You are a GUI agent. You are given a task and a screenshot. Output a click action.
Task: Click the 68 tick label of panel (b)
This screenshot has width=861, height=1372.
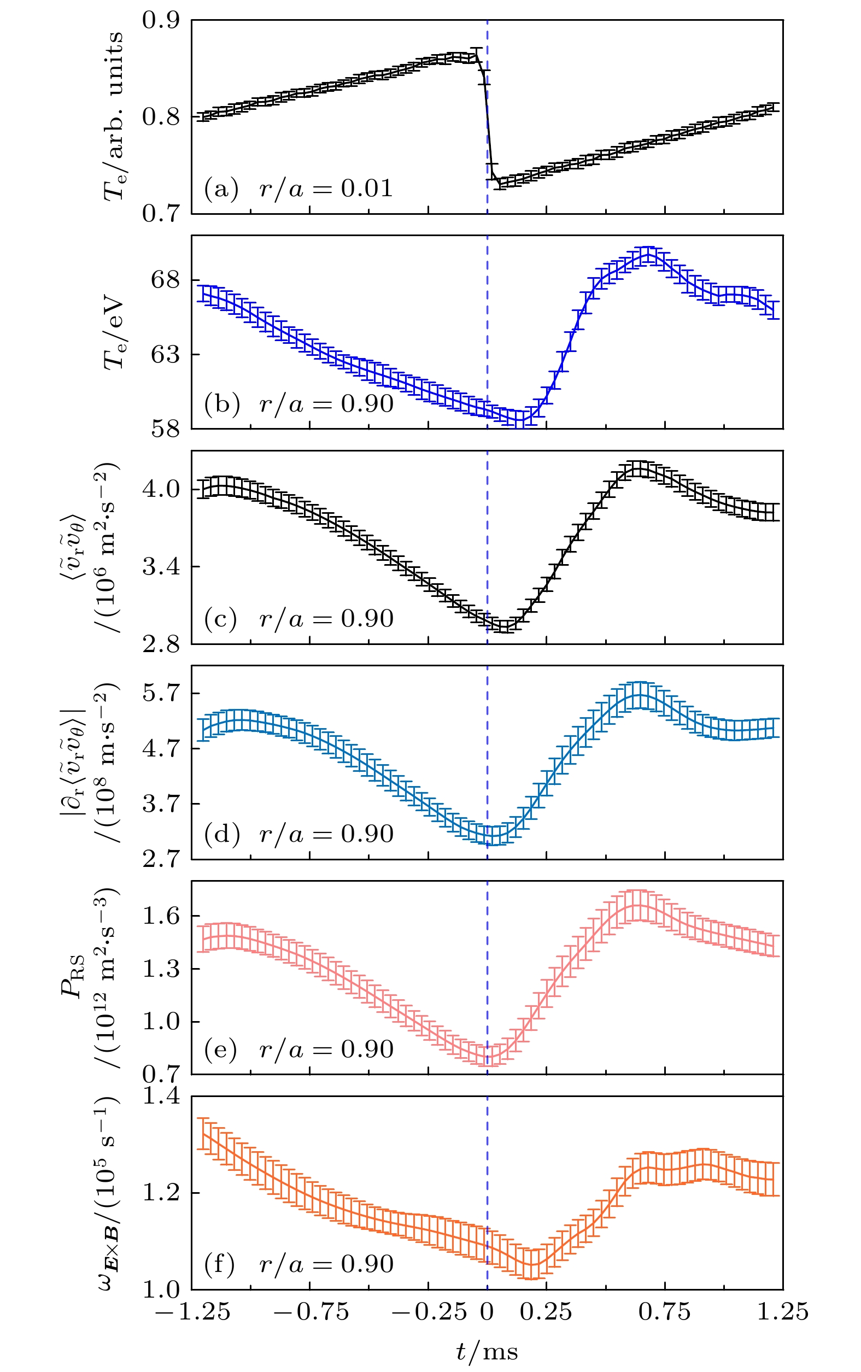tap(165, 280)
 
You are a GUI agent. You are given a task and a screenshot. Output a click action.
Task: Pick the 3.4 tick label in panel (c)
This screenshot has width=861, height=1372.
tap(161, 567)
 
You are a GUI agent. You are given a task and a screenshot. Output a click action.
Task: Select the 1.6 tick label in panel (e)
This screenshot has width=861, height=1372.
tap(161, 916)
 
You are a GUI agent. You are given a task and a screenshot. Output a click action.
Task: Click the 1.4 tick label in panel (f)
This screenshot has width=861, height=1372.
tap(161, 1096)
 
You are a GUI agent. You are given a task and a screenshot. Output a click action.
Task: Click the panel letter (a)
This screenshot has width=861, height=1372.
tap(221, 189)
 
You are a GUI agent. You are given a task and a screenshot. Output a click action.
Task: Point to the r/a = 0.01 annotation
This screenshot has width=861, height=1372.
tap(326, 189)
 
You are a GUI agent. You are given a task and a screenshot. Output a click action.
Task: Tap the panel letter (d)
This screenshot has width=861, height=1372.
tap(221, 834)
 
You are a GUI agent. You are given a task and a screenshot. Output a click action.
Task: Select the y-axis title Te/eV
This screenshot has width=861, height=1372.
tap(113, 332)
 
